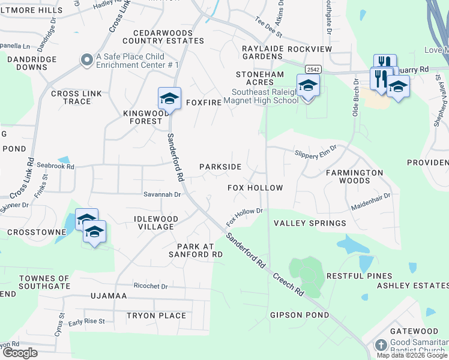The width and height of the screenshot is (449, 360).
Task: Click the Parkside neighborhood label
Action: (220, 167)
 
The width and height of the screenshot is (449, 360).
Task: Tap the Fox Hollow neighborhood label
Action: (255, 188)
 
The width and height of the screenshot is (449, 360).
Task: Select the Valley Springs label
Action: (310, 223)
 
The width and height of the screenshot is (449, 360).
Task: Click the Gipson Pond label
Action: (300, 315)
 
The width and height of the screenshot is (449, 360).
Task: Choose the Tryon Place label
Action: (156, 316)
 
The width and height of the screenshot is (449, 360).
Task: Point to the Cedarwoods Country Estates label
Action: (163, 36)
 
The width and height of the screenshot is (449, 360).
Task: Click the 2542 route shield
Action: (312, 70)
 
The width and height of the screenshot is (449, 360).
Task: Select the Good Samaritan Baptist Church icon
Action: (381, 345)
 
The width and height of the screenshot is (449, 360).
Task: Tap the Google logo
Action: (20, 353)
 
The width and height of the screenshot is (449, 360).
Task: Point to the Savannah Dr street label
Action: (161, 194)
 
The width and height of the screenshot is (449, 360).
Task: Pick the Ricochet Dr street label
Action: (151, 286)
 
